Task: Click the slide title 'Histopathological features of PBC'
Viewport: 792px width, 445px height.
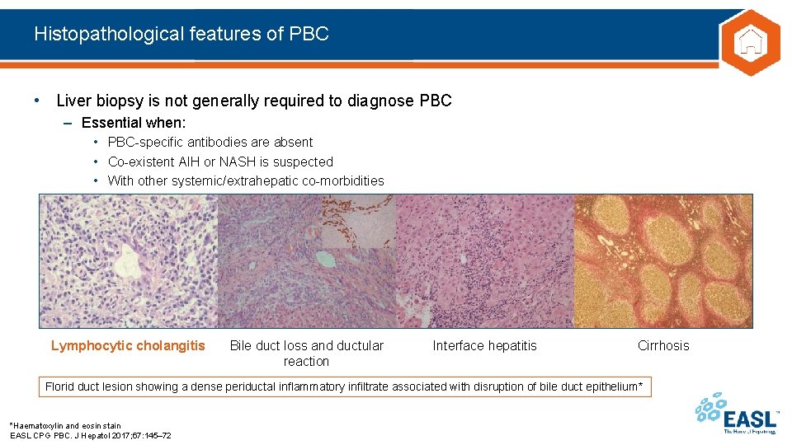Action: tap(181, 34)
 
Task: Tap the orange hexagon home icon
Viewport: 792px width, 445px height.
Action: tap(749, 43)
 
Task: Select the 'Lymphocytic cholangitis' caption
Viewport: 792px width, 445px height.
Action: tap(128, 346)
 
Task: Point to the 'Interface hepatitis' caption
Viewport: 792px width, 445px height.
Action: tap(484, 346)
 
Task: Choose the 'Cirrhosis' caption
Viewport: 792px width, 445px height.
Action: tap(663, 346)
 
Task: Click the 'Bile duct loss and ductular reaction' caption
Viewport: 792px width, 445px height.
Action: tap(306, 354)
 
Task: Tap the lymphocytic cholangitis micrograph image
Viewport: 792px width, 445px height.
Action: tap(129, 261)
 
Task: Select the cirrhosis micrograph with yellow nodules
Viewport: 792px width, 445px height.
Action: tap(663, 261)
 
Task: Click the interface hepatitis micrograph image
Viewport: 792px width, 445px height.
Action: tap(485, 261)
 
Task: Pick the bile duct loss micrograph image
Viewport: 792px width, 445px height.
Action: tap(307, 261)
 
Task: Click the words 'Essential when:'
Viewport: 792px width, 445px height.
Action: tap(134, 123)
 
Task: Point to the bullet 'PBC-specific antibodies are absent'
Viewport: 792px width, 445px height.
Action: tap(210, 143)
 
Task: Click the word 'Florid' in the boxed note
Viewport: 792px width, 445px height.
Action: tap(59, 386)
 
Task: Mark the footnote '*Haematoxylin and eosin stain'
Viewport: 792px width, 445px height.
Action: tap(65, 426)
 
